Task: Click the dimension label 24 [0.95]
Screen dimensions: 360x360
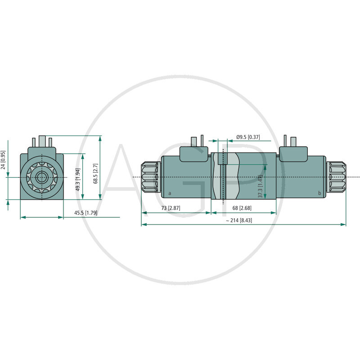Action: click(4, 160)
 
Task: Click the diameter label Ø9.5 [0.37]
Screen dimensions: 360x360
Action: click(247, 136)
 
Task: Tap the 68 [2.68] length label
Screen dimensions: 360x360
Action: click(243, 208)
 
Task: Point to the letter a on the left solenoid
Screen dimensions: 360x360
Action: click(169, 193)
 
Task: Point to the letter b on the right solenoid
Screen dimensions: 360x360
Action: click(319, 193)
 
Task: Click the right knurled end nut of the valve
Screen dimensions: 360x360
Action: click(336, 177)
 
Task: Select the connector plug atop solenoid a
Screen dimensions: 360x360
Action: click(194, 153)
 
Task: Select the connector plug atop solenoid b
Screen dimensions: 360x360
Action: click(292, 153)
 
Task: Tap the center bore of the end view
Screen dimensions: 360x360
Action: click(42, 177)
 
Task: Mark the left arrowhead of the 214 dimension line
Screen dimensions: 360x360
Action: click(144, 224)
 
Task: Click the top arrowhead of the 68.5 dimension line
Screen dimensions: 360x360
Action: click(100, 138)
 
